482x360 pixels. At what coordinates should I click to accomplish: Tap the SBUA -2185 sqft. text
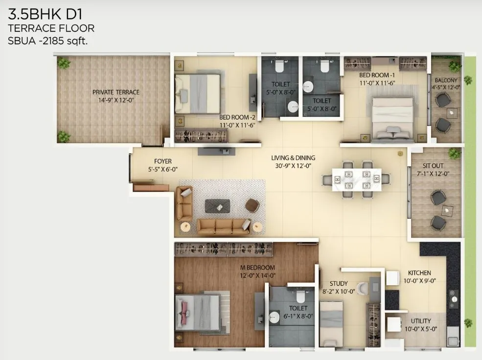tap(47, 41)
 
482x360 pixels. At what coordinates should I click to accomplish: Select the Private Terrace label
tap(116, 92)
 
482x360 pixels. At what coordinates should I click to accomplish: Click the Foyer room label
tap(162, 161)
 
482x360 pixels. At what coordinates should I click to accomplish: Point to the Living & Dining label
tap(293, 158)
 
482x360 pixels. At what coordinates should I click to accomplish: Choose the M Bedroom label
tap(257, 268)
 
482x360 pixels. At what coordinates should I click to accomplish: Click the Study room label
tap(338, 284)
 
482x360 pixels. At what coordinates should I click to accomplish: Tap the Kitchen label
tap(419, 273)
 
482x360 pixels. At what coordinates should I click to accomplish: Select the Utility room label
tap(421, 321)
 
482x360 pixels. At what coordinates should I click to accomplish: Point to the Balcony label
tap(445, 81)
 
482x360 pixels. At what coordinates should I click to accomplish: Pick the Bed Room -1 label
tap(377, 75)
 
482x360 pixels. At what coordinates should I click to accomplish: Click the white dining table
tap(356, 179)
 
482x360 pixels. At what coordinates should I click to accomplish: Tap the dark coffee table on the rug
tap(217, 206)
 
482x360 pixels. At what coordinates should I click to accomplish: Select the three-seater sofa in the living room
tap(223, 226)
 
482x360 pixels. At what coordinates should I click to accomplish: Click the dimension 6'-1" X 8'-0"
tap(298, 316)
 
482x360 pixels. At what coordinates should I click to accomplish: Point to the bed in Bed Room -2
tap(198, 93)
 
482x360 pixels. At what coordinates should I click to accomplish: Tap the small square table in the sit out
tap(447, 210)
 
